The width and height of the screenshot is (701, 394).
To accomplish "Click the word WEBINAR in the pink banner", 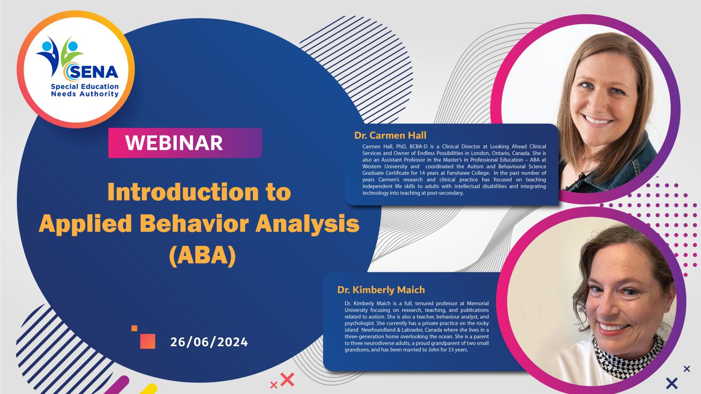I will [174, 143].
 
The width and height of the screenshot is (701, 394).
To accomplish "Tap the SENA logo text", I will [94, 72].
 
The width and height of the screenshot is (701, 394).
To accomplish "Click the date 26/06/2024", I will [209, 342].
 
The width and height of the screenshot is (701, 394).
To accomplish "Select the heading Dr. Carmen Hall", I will [390, 135].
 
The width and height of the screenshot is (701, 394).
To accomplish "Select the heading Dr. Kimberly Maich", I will [381, 290].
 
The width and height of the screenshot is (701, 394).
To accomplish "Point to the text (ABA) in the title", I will [202, 255].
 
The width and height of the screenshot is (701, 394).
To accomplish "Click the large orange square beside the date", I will [147, 341].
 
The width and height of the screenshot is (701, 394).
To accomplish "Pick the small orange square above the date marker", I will [134, 328].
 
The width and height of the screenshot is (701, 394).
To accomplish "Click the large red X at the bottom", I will [287, 379].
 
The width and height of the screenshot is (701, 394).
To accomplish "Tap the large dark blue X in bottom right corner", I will [671, 383].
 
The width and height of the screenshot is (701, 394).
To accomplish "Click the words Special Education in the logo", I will [85, 86].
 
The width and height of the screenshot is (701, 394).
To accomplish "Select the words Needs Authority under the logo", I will [85, 94].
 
